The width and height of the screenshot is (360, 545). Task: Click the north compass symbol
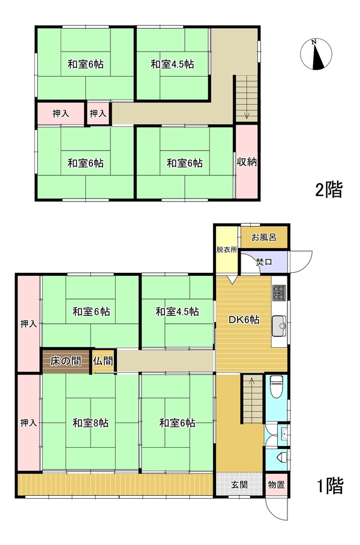click(x=316, y=54)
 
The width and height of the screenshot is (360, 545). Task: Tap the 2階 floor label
click(x=329, y=189)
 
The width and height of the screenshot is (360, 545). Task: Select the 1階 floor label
click(x=330, y=486)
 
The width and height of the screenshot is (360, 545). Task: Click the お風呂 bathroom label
click(x=263, y=237)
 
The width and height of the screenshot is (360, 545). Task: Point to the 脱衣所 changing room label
click(x=227, y=249)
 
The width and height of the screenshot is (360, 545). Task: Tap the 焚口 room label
click(x=263, y=262)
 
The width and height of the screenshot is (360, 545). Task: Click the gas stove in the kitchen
click(x=279, y=293)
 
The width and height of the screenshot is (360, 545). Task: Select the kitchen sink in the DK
click(x=279, y=326)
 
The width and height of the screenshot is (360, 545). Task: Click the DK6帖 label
click(x=244, y=320)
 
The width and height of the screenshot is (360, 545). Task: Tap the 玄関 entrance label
click(x=239, y=484)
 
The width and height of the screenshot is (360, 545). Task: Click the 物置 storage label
click(x=277, y=484)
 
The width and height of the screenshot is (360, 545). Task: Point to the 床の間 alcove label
click(x=66, y=361)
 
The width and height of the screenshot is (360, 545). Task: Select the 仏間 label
click(x=103, y=361)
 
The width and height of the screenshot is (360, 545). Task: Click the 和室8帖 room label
click(x=91, y=423)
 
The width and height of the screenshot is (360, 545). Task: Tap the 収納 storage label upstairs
click(x=247, y=162)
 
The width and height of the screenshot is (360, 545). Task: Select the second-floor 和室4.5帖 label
click(x=172, y=64)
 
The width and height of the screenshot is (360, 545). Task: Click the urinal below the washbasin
click(x=282, y=456)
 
